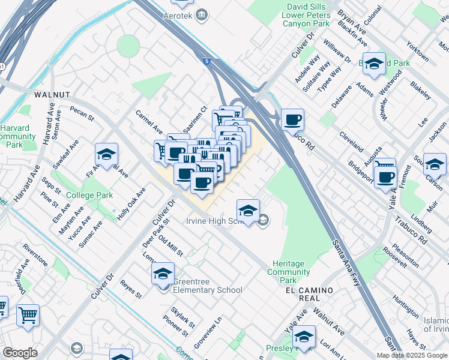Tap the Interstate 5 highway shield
207,61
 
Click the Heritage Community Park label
292,272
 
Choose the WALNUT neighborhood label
52,95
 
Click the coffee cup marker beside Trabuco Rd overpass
292,120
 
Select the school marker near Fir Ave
106,154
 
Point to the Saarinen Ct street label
195,118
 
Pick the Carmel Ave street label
149,122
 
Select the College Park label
89,196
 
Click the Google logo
20,353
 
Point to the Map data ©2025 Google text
412,355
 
